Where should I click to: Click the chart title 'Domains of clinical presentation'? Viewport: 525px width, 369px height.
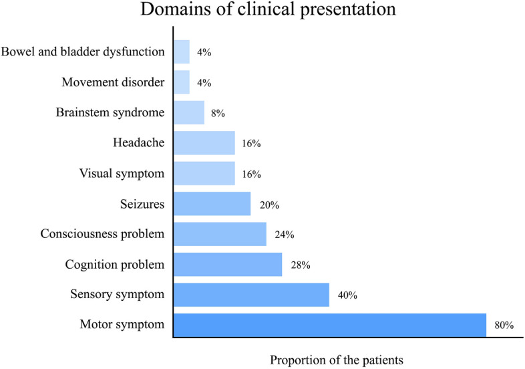[x=262, y=11]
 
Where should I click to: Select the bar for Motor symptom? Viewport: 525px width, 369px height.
[x=329, y=325]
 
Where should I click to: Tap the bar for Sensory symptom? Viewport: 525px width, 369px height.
[x=251, y=295]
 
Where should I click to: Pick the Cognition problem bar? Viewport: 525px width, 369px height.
[x=228, y=264]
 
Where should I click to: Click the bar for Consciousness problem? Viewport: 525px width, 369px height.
[x=220, y=234]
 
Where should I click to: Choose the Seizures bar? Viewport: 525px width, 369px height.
[x=212, y=204]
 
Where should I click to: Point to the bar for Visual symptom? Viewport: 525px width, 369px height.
[x=204, y=173]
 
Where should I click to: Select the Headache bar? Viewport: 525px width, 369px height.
[x=204, y=143]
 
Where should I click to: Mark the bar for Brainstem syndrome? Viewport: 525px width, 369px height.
[x=189, y=112]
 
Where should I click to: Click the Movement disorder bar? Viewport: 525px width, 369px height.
[x=182, y=82]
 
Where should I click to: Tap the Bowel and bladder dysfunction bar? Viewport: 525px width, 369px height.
[x=182, y=51]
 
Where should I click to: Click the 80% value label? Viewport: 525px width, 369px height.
[x=504, y=326]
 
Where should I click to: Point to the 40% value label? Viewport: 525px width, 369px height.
[x=347, y=295]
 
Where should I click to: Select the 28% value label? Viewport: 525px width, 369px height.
[x=301, y=265]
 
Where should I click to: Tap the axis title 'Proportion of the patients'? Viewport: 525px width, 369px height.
[x=337, y=360]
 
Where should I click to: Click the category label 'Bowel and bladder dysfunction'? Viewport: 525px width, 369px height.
[x=83, y=51]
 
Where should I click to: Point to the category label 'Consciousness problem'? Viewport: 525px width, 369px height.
[x=102, y=234]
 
